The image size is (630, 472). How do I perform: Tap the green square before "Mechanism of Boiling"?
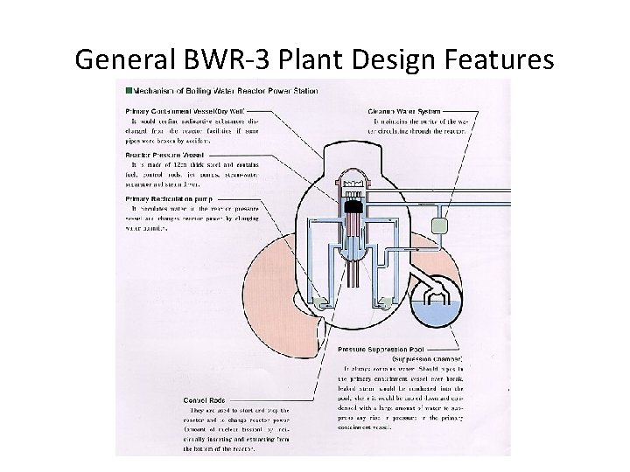pyautogui.click(x=129, y=90)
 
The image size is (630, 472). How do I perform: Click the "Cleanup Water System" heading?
pyautogui.click(x=402, y=112)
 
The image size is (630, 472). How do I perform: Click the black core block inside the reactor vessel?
pyautogui.click(x=353, y=208)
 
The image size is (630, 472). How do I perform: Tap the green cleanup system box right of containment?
pyautogui.click(x=439, y=225)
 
